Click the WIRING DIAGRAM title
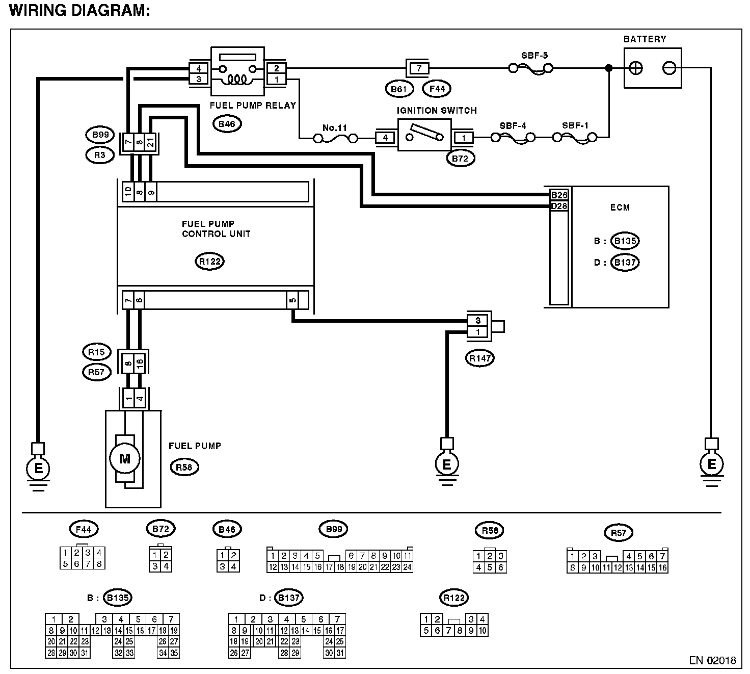pyautogui.click(x=79, y=11)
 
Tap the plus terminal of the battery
pyautogui.click(x=636, y=68)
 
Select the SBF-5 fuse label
pyautogui.click(x=534, y=55)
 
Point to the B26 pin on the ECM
pyautogui.click(x=559, y=195)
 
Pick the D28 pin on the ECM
pyautogui.click(x=559, y=206)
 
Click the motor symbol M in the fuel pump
pyautogui.click(x=125, y=458)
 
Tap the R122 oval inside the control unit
pyautogui.click(x=209, y=262)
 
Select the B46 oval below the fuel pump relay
pyautogui.click(x=226, y=123)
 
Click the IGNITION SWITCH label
pyautogui.click(x=437, y=110)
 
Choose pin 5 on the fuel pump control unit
pyautogui.click(x=292, y=300)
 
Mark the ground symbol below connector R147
pyautogui.click(x=447, y=465)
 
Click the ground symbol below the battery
pyautogui.click(x=711, y=465)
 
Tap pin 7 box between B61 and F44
pyautogui.click(x=418, y=68)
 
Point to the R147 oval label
pyautogui.click(x=479, y=358)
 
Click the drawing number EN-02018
pyautogui.click(x=712, y=660)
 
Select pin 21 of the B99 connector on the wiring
pyautogui.click(x=151, y=143)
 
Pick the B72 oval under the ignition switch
pyautogui.click(x=460, y=159)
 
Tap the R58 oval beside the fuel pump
pyautogui.click(x=184, y=467)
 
